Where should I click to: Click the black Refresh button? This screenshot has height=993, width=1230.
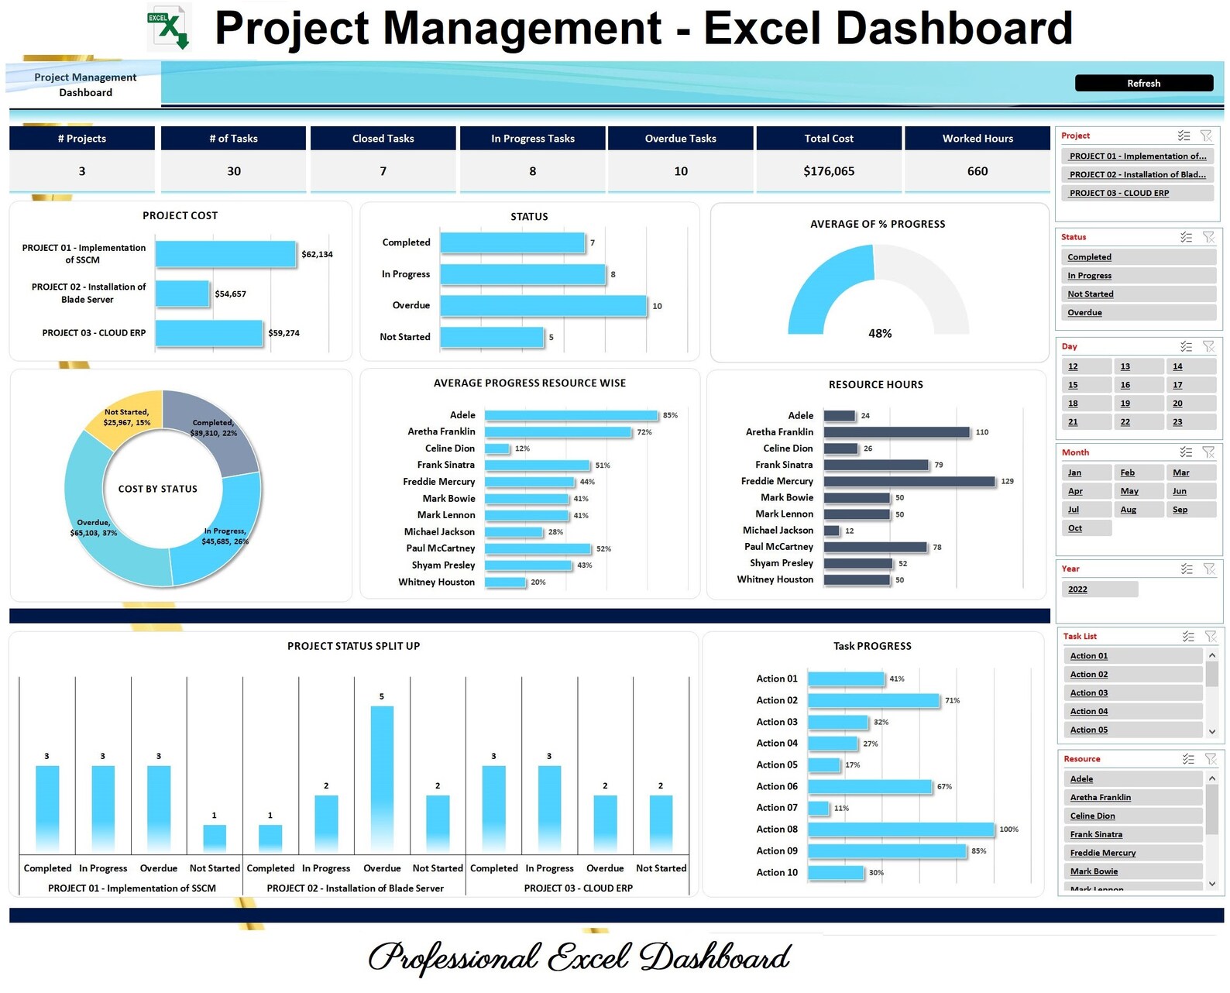pos(1143,83)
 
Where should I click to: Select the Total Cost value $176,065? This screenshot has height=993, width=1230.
pos(829,171)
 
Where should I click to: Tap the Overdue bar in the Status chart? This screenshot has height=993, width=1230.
pos(543,306)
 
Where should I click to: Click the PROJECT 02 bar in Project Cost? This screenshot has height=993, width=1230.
pos(183,294)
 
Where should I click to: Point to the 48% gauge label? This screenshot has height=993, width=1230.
pos(880,333)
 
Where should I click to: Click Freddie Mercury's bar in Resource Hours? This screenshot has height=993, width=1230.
pos(909,482)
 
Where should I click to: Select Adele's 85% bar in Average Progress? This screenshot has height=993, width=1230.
pos(571,416)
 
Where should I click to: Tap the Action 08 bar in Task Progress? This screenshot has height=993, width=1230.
pos(900,830)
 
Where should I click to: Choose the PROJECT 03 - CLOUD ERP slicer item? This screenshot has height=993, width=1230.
pos(1136,193)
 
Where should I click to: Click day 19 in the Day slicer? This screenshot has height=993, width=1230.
pos(1138,404)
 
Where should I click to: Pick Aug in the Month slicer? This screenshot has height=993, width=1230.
pos(1138,510)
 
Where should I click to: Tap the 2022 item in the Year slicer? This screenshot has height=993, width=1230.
pos(1099,589)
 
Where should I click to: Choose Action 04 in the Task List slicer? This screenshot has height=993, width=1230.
pos(1132,711)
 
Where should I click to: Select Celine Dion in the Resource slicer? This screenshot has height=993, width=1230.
pos(1132,816)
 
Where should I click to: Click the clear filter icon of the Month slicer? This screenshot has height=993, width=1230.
pos(1208,452)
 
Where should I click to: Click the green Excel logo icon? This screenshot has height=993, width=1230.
pos(169,27)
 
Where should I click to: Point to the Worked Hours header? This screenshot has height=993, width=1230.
pos(977,139)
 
